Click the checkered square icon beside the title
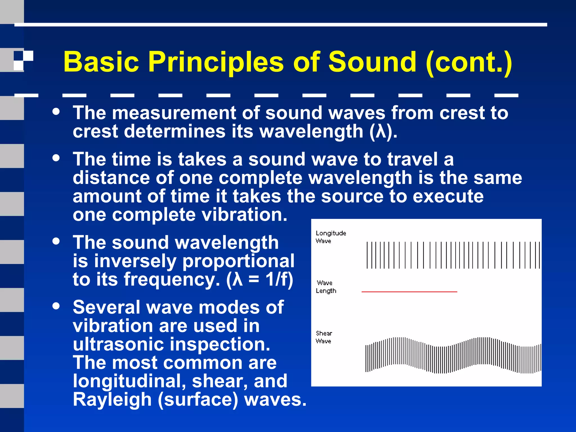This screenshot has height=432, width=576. click(x=23, y=60)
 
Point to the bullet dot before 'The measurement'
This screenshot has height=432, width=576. click(x=56, y=112)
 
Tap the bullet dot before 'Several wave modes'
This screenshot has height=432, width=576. click(x=56, y=306)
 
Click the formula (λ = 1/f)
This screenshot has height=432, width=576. click(x=260, y=279)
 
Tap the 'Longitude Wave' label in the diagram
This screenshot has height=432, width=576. click(x=330, y=237)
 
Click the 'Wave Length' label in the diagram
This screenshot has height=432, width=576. click(x=326, y=287)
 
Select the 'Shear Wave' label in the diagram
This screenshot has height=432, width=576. click(x=324, y=337)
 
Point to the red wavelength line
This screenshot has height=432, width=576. click(x=409, y=292)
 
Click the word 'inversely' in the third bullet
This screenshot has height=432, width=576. click(x=135, y=261)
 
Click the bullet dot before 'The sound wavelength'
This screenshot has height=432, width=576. click(x=56, y=241)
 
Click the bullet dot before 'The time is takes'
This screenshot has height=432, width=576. click(x=56, y=158)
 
